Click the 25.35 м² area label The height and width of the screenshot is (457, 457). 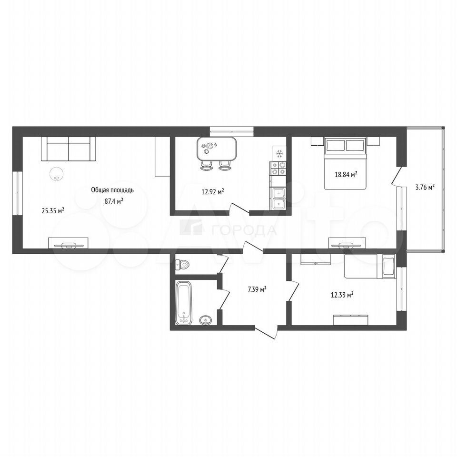53,210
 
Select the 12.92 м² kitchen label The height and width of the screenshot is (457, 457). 213,191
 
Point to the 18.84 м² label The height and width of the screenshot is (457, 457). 346,175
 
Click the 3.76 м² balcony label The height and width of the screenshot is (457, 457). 425,187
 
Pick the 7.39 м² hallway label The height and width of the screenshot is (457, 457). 257,289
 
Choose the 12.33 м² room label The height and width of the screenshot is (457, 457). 342,295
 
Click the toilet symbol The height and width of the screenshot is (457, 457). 182,265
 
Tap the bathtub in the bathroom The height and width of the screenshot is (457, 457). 184,303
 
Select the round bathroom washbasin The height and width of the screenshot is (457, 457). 207,320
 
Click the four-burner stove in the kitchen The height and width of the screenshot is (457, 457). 278,169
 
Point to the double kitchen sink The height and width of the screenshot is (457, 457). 278,199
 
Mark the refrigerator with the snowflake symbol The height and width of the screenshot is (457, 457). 279,153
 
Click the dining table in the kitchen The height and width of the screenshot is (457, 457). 216,149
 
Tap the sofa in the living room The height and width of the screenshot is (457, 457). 69,149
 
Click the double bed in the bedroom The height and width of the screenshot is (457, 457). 345,163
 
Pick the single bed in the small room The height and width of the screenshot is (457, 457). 369,266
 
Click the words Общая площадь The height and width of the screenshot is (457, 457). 112,190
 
